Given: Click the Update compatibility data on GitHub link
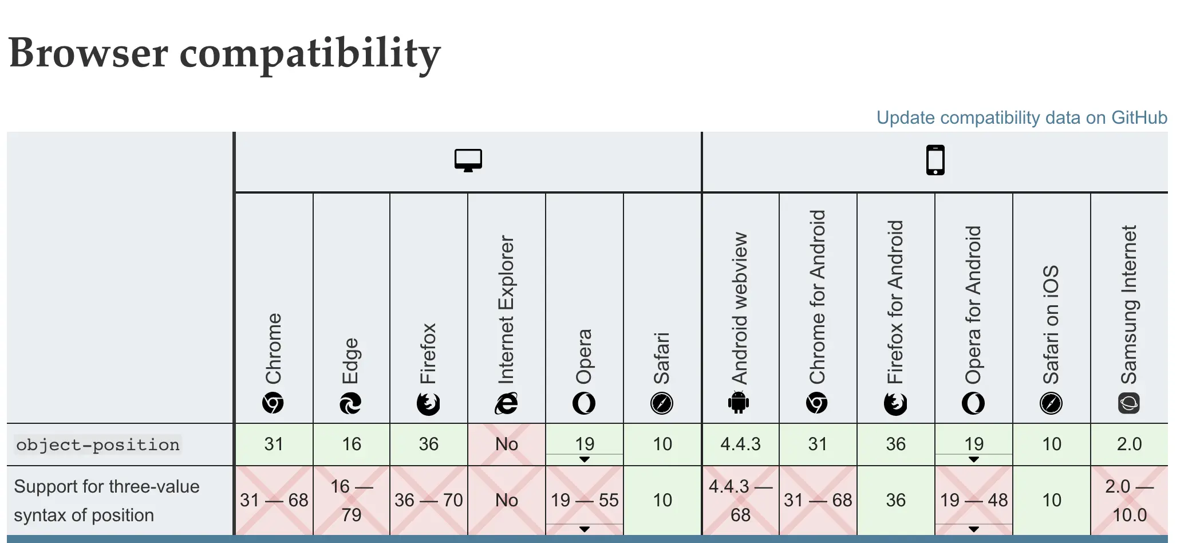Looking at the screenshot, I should click(1021, 117).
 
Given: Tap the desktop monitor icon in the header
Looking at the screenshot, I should click(468, 160).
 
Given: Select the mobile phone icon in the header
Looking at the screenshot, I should click(935, 160).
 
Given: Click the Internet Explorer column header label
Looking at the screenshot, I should click(506, 309).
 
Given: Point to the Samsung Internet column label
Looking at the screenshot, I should click(1129, 304).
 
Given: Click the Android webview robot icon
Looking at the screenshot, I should click(739, 403).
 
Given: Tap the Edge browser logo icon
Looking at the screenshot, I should click(350, 403).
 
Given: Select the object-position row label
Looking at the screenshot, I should click(98, 445).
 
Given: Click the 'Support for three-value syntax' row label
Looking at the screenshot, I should click(106, 501).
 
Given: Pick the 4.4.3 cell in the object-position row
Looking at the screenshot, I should click(740, 444).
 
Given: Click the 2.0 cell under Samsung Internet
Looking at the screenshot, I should click(1129, 444).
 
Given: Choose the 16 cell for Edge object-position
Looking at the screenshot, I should click(352, 444).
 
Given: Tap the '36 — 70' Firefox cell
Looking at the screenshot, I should click(428, 500).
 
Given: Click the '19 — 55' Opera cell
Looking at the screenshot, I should click(585, 500).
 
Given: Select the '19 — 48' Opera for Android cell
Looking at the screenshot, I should click(974, 500).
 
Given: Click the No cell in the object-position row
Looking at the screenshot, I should click(507, 444).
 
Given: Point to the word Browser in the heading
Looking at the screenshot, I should click(89, 53).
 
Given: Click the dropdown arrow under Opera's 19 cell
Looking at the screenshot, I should click(585, 459).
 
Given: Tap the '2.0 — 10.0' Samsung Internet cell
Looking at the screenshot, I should click(1129, 500).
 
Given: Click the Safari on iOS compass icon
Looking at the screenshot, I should click(1051, 403).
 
